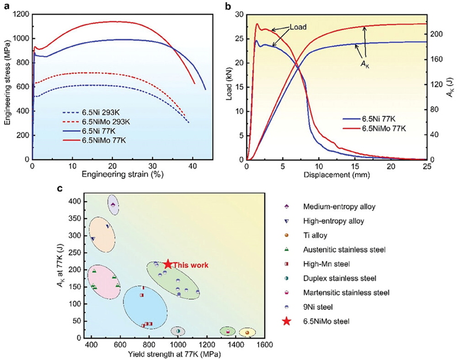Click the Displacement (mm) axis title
(338, 175)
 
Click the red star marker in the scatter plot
(168, 264)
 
